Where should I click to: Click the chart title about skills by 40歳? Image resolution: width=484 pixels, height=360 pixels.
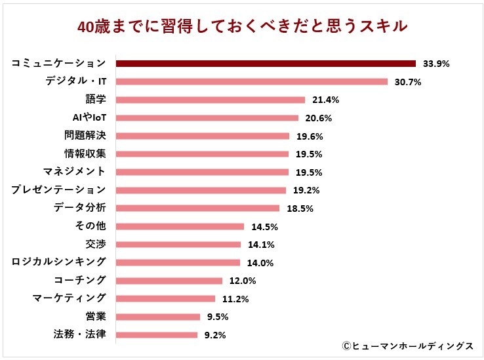[x=243, y=26]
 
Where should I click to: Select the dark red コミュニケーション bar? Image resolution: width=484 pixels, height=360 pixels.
[x=266, y=64]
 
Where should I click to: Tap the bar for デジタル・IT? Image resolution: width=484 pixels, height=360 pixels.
[x=252, y=82]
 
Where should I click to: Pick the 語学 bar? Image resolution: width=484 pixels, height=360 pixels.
[x=211, y=100]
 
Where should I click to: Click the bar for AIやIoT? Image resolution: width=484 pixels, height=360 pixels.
[x=207, y=118]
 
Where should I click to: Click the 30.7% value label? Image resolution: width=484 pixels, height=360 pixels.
[x=407, y=82]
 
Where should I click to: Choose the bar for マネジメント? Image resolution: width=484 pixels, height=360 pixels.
[x=202, y=172]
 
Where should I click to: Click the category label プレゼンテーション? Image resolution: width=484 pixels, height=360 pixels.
[x=58, y=190]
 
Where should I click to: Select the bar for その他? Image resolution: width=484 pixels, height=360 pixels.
[x=180, y=226]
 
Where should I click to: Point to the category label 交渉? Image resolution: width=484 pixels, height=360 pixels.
[x=95, y=244]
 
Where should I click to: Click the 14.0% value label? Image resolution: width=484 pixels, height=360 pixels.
[x=260, y=263]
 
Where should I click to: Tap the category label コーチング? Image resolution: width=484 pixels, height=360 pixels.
[x=79, y=280]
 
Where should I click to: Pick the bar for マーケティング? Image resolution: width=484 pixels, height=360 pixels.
[x=165, y=298]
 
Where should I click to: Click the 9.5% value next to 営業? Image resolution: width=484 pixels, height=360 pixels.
[x=218, y=317]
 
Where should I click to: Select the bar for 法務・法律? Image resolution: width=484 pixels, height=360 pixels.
[x=157, y=334]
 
